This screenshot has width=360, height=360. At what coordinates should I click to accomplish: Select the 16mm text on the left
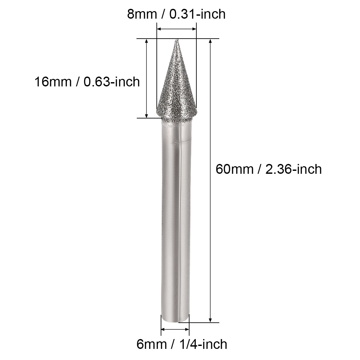coord(52,81)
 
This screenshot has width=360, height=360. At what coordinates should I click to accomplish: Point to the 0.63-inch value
coord(112,81)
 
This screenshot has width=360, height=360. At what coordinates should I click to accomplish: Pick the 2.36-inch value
coord(294,169)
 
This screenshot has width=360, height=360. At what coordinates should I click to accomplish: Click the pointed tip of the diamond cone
coord(176,41)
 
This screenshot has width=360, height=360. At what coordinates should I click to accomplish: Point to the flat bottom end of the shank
coord(175,321)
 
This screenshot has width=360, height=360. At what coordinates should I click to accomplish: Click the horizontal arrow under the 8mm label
coord(176,29)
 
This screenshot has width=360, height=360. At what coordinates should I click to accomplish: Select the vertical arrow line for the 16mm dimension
coord(147,79)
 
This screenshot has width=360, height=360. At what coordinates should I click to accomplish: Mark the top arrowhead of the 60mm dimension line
coord(210,41)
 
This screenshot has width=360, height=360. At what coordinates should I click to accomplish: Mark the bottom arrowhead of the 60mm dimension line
coord(210,320)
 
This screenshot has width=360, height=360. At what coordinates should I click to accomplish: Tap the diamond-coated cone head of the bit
coord(176,88)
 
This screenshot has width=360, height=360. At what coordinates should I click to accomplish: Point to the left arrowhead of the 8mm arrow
coord(159,29)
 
